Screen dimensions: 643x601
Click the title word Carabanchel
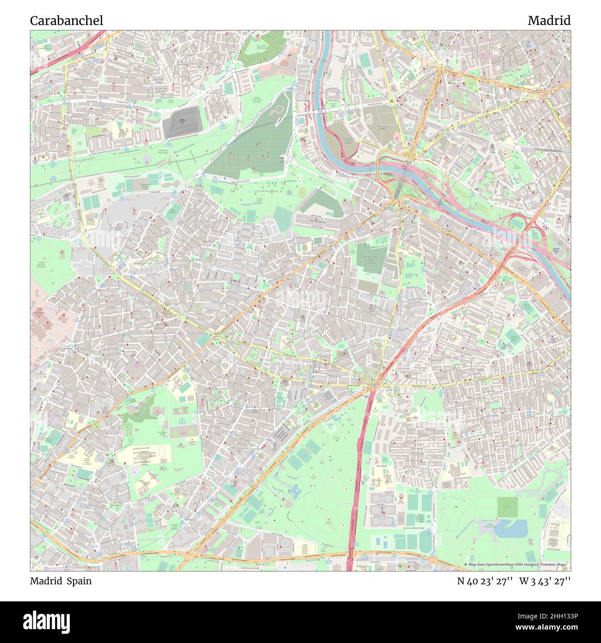[x=67, y=21]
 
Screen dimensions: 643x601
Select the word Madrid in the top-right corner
[x=549, y=21]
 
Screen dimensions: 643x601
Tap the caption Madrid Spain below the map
[x=61, y=581]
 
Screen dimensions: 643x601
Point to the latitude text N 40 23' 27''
[x=484, y=581]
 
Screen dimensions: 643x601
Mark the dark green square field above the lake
[x=507, y=507]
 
